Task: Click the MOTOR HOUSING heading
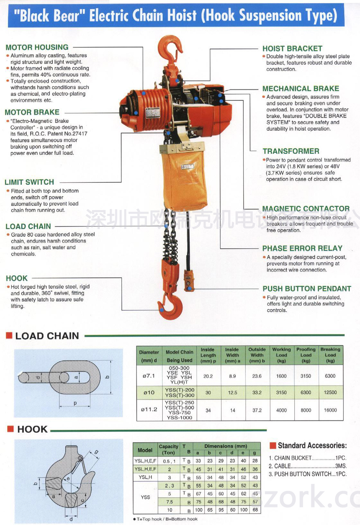point(37,47)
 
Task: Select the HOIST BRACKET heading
point(292,49)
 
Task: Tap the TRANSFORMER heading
point(291,151)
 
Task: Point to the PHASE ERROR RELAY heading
point(302,248)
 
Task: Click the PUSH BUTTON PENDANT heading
point(307,289)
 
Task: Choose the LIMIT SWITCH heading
point(29,182)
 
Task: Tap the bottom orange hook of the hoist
point(171,306)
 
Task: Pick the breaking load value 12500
point(330,392)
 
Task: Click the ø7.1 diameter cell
point(149,376)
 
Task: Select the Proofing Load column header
point(306,355)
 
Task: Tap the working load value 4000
point(281,410)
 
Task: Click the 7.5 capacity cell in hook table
point(170,502)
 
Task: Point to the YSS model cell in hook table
point(145,497)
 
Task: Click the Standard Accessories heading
point(312,446)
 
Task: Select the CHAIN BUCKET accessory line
point(307,458)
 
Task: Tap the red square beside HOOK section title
point(10,429)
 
